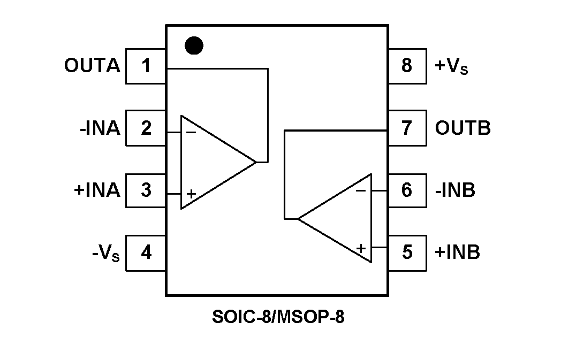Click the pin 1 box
click(x=146, y=66)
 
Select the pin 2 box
click(x=146, y=128)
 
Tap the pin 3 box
click(x=146, y=190)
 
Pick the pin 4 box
click(x=146, y=251)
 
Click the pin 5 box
click(x=407, y=251)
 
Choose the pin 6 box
click(x=407, y=190)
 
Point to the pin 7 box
click(x=407, y=128)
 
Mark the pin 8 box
click(x=407, y=66)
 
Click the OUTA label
click(x=92, y=66)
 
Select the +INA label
click(x=97, y=190)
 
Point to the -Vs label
click(x=105, y=252)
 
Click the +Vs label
click(x=451, y=67)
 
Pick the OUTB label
click(x=463, y=128)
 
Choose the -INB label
click(x=455, y=190)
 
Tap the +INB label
click(x=457, y=251)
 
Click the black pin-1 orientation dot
click(x=194, y=46)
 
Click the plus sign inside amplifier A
click(x=191, y=194)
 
